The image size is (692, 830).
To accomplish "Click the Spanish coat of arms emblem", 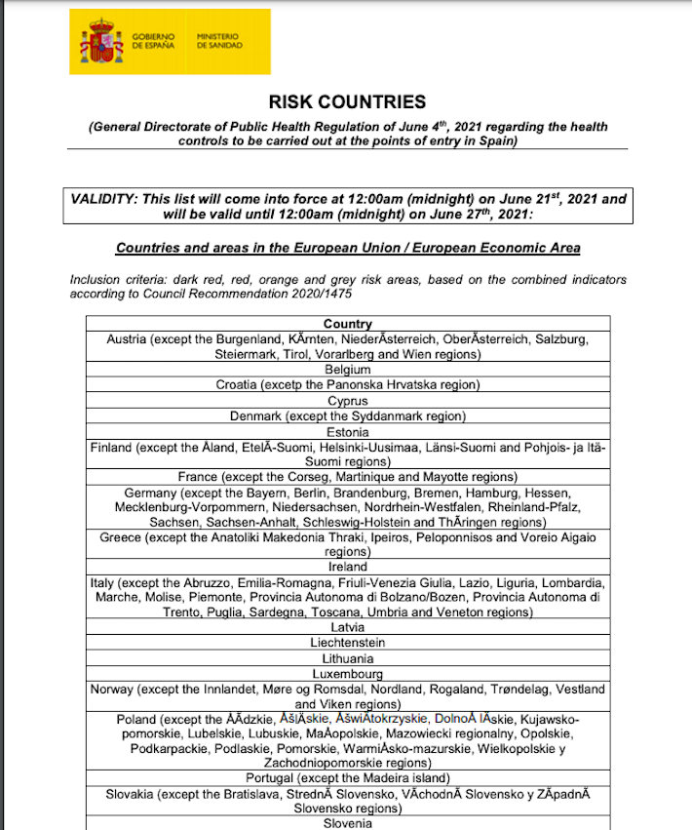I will point(103,41).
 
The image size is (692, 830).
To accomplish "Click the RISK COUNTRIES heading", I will point(347,101).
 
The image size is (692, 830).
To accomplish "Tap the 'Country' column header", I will point(348,324).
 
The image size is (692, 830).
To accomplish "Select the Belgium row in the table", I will point(348,370).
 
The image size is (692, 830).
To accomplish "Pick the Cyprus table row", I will point(348,401).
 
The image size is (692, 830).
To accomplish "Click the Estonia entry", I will point(348,432).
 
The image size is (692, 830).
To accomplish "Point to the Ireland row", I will point(348,567).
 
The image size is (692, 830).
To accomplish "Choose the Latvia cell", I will point(348,627).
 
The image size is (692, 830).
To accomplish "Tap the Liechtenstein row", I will point(348,643).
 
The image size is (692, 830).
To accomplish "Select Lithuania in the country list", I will point(348,658).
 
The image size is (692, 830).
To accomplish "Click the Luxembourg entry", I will point(348,674).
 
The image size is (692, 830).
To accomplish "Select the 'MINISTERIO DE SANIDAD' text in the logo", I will point(220,41).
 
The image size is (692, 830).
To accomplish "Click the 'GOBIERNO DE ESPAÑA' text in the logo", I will point(154,41).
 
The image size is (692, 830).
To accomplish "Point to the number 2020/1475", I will point(318,293).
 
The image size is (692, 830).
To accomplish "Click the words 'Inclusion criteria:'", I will point(109,280).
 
